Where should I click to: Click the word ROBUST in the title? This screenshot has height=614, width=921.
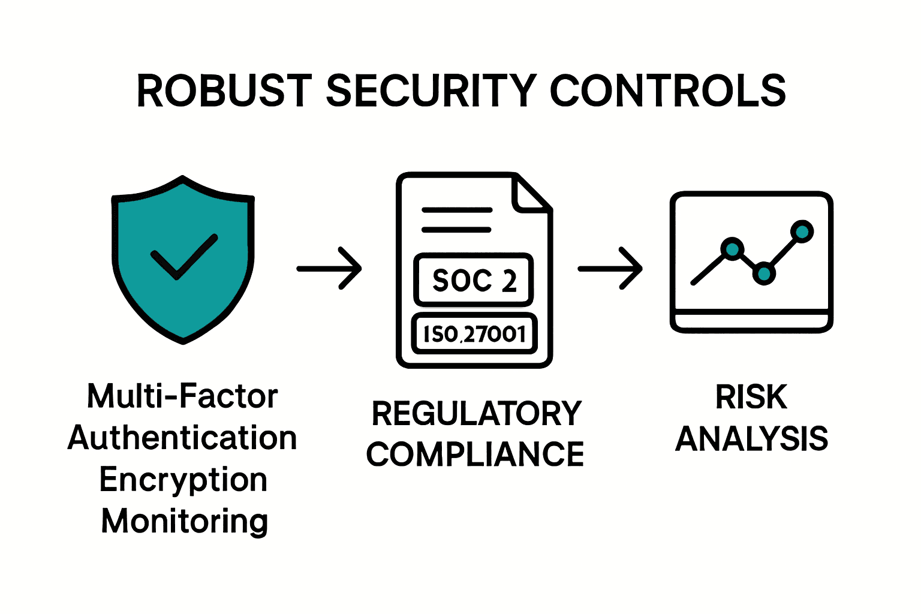pos(224,91)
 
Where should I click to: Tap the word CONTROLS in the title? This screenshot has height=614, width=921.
pos(667,91)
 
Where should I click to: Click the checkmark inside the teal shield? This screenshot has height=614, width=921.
pos(183,257)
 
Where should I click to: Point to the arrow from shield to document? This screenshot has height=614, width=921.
pos(329,268)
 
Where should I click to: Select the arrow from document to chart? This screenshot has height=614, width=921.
pos(610,268)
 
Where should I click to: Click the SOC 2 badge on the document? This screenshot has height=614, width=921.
pos(474,280)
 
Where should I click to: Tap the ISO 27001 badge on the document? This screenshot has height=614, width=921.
pos(474,333)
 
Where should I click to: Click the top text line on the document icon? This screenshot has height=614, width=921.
pos(457,210)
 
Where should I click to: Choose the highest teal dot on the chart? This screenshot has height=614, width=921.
pos(802,231)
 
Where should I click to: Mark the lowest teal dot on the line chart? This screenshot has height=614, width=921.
pos(764,273)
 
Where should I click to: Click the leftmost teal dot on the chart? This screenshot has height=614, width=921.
pos(732,248)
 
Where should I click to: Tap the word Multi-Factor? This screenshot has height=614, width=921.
pos(182,396)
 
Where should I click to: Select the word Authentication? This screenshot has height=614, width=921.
pos(182,438)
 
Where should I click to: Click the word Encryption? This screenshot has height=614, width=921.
pos(183,480)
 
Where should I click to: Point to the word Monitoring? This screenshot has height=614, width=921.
pos(184,521)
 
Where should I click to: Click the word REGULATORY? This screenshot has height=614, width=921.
pos(477,414)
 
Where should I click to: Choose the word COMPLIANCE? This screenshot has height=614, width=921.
pos(475,455)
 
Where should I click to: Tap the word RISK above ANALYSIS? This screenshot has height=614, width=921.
pos(751,397)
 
